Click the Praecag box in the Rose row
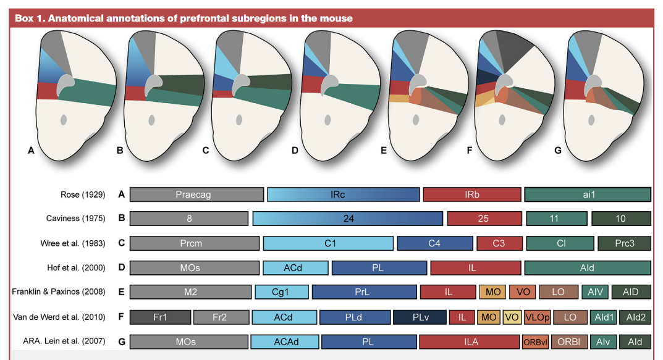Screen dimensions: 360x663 [x=196, y=195]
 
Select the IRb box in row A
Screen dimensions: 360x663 [x=472, y=195]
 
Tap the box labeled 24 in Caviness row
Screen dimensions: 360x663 [x=348, y=219]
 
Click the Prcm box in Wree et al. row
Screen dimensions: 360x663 [x=195, y=243]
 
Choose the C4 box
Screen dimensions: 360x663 [x=434, y=243]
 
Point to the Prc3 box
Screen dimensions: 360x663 [x=624, y=243]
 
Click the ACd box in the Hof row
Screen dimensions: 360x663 [x=295, y=267]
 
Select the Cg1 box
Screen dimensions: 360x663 [x=281, y=292]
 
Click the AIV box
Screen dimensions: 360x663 [x=595, y=292]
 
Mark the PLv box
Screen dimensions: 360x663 [x=420, y=317]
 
